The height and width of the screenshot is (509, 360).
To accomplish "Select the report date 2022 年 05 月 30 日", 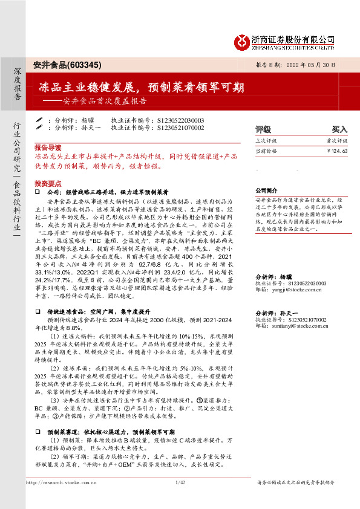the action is [x=320, y=65].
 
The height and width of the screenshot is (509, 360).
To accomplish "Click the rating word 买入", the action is [x=339, y=129].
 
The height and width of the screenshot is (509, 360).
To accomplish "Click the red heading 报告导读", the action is [x=48, y=147].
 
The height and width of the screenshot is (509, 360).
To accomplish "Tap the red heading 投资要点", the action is [x=48, y=183].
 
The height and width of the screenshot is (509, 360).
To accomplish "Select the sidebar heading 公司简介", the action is [x=266, y=189].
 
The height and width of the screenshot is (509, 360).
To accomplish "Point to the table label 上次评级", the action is [x=266, y=140].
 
